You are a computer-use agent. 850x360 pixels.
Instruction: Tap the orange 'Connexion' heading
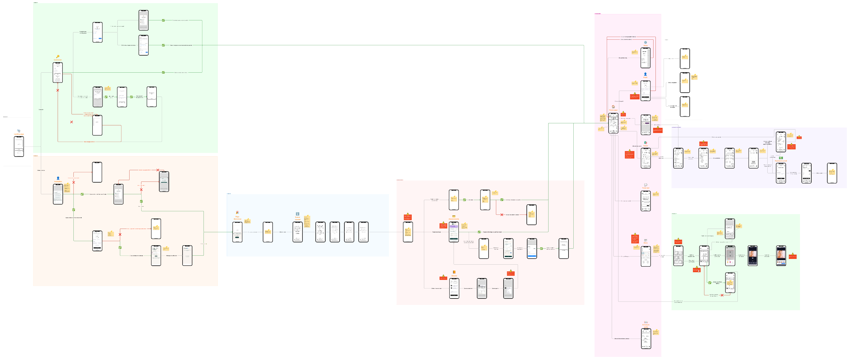pyautogui.click(x=58, y=60)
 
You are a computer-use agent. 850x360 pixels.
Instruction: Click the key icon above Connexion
pyautogui.click(x=58, y=56)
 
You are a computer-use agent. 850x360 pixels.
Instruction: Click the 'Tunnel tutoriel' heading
pyautogui.click(x=298, y=218)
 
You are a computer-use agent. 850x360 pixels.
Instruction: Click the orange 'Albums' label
pyautogui.click(x=454, y=276)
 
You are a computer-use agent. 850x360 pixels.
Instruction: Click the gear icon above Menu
pyautogui.click(x=645, y=42)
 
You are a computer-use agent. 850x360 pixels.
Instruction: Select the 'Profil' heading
pyautogui.click(x=645, y=78)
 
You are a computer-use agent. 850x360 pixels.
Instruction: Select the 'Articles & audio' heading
pyautogui.click(x=646, y=326)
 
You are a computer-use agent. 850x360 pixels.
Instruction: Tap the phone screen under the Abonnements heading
pyautogui.click(x=454, y=232)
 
